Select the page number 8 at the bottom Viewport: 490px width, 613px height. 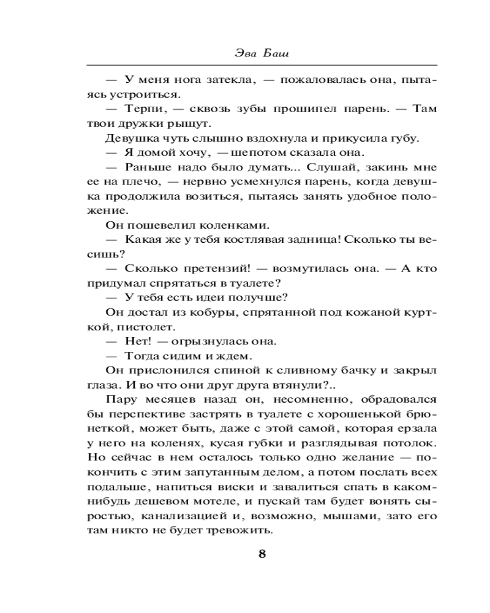[262, 554]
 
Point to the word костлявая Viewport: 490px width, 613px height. [239, 240]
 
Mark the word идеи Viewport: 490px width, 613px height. [211, 298]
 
